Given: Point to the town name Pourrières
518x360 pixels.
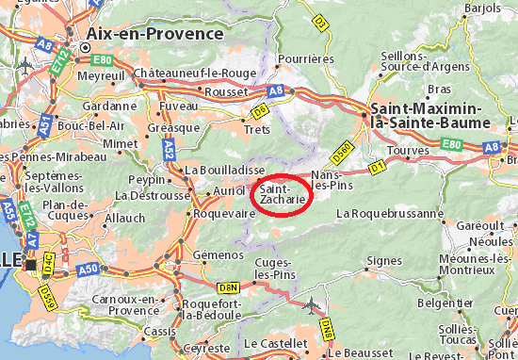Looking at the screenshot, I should [308, 58].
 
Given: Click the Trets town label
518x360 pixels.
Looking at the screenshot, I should [257, 130].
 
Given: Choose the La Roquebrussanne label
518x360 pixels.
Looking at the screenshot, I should [389, 213].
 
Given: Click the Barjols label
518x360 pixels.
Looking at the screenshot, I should [483, 8].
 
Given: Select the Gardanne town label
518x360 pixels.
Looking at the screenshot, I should [104, 106].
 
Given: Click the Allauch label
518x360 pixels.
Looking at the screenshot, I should [125, 218].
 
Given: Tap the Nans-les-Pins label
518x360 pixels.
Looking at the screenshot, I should [336, 180].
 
